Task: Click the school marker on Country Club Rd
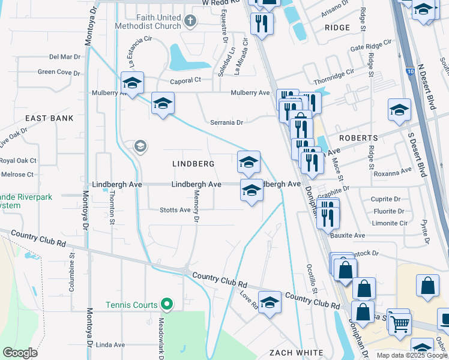pos(270,302)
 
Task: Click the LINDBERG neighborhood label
pos(193,164)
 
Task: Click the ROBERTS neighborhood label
pos(358,137)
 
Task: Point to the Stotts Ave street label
pos(175,210)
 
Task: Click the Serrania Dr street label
pos(226,122)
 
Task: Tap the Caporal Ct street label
pos(184,80)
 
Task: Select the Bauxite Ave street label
pos(348,235)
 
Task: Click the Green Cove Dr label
pos(59,72)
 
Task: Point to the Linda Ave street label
pos(110,345)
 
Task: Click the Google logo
pos(19,352)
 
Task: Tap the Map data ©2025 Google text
pos(411,355)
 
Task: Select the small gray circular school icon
pos(140,146)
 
